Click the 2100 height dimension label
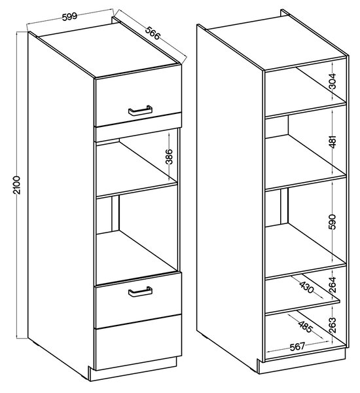click(17, 185)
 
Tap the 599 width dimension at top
click(69, 16)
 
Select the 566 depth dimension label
click(153, 33)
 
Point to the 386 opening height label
click(170, 157)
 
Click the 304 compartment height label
click(333, 81)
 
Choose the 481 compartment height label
click(333, 141)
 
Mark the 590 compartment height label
click(333, 222)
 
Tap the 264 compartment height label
click(333, 284)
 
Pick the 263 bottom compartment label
click(333, 325)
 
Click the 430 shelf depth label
click(306, 286)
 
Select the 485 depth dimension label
click(305, 326)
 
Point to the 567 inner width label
click(297, 346)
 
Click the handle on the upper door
click(140, 111)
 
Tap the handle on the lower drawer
click(140, 291)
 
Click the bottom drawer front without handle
click(138, 342)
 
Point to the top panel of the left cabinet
click(109, 49)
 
